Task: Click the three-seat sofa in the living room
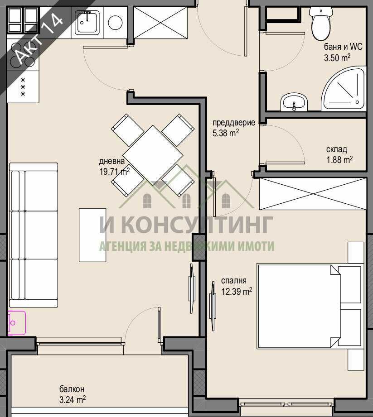34,235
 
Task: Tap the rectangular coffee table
92,235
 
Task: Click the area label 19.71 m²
114,172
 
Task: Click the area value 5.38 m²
225,133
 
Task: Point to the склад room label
336,149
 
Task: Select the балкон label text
72,389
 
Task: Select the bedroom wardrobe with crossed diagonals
312,194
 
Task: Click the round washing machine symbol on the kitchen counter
115,22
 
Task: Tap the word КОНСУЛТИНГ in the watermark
198,225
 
